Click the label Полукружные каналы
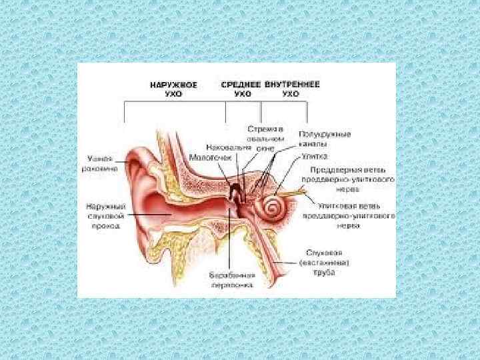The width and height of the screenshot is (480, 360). (325, 139)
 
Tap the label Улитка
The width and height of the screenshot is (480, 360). (314, 158)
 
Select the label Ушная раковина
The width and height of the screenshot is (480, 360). (102, 163)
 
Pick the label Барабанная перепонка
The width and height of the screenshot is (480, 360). (231, 279)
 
